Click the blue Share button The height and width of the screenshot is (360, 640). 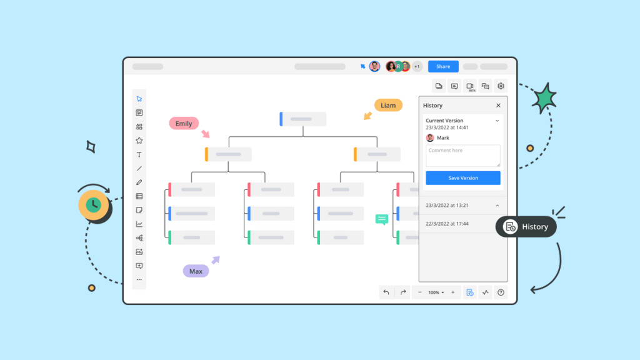tap(443, 66)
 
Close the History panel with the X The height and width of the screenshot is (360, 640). tap(498, 105)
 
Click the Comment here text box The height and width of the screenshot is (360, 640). tap(463, 156)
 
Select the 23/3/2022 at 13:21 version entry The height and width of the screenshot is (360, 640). tap(463, 205)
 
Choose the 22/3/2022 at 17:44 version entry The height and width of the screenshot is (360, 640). tap(463, 224)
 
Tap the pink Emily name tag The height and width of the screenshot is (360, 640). tap(184, 123)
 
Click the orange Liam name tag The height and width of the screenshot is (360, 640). tap(388, 105)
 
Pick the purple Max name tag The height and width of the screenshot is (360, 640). tap(196, 271)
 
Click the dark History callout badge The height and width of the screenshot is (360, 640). tap(526, 226)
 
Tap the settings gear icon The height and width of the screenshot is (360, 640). tap(501, 86)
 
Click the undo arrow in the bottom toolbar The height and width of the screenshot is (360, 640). tap(386, 292)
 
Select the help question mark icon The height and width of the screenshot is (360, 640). tap(501, 292)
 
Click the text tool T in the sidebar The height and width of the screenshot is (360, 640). tap(139, 155)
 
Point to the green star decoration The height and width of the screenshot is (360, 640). tap(544, 98)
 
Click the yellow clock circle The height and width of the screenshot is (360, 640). tap(94, 205)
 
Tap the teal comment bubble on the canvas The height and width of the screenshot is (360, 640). tap(382, 219)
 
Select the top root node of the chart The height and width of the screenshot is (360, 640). tap(303, 119)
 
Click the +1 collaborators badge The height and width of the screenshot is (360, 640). tap(417, 66)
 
